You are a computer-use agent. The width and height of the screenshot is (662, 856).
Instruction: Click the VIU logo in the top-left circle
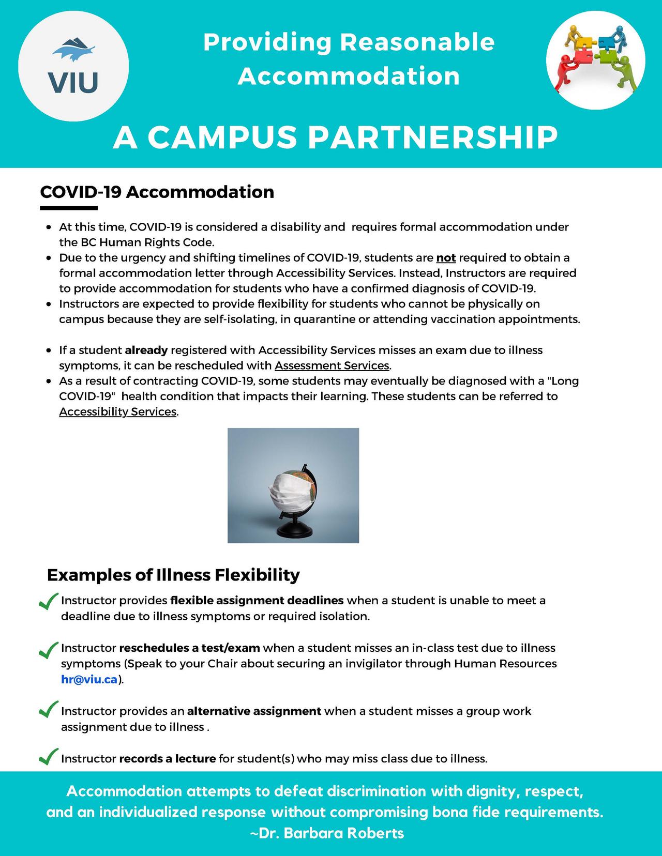[73, 66]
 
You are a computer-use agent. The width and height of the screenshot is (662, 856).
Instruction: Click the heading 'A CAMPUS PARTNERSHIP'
[336, 137]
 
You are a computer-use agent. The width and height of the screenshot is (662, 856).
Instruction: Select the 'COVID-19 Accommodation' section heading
[157, 192]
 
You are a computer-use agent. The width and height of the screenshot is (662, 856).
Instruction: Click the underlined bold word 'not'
[446, 257]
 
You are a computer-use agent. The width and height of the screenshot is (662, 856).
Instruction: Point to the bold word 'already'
[146, 350]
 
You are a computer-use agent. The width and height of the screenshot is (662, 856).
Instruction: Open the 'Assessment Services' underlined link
[332, 365]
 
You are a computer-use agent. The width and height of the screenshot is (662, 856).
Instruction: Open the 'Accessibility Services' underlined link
[118, 411]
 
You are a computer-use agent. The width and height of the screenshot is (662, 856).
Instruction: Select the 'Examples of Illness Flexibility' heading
[173, 575]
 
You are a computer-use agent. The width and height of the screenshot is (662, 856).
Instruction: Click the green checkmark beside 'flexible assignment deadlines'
[48, 601]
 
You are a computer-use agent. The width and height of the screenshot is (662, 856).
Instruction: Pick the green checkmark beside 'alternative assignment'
[48, 709]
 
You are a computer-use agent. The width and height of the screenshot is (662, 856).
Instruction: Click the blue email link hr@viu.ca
[89, 679]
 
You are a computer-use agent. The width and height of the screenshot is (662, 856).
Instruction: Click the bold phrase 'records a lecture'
[167, 759]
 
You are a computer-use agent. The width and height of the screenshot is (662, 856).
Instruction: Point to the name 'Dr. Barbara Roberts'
[330, 833]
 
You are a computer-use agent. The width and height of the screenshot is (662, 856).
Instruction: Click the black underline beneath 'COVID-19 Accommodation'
[69, 208]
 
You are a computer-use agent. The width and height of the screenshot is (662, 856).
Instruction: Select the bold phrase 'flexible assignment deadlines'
[257, 600]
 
